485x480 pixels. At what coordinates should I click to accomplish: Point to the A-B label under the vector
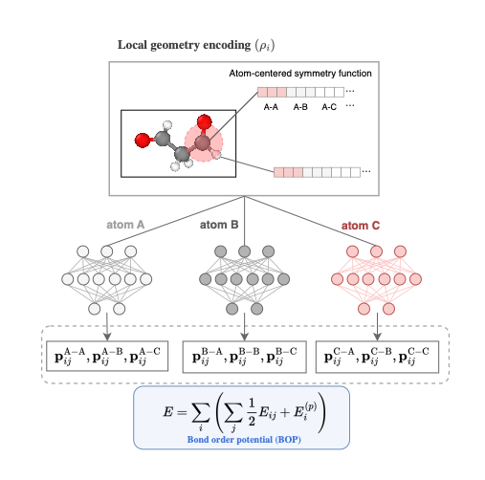tap(302, 108)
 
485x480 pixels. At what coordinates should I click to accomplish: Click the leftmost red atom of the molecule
tap(143, 142)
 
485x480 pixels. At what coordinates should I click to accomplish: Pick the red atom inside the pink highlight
tap(202, 123)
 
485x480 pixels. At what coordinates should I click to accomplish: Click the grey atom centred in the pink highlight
tap(203, 144)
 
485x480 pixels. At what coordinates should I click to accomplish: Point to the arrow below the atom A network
tap(106, 327)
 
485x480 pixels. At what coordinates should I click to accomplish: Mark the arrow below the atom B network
tap(246, 327)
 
